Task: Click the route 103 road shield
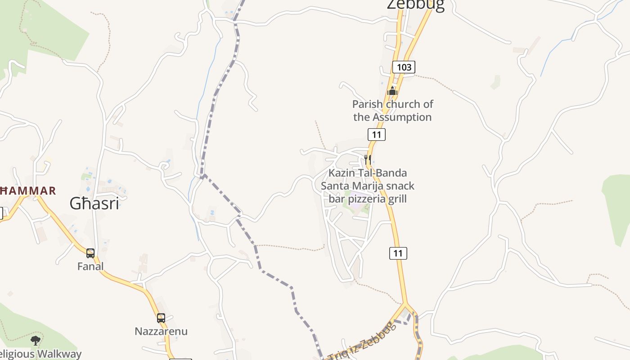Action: [404, 67]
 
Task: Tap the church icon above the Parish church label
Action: [392, 91]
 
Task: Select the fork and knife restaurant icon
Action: [368, 160]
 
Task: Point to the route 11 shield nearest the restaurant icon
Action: [377, 134]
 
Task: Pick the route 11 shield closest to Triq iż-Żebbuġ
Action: [398, 253]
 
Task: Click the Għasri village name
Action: [94, 203]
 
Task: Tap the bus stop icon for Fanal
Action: [90, 253]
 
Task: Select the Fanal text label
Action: [90, 266]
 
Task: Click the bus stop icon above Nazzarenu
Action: [161, 318]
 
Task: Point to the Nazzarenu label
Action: [161, 332]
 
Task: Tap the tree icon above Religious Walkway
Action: [36, 341]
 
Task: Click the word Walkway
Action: [59, 354]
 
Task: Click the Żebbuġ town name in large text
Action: [416, 4]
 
